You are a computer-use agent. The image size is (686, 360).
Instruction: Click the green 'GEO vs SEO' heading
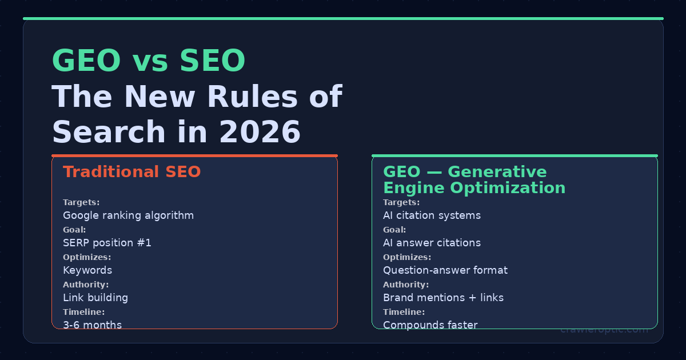[149, 61]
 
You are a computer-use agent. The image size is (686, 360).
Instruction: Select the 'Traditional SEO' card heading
[131, 172]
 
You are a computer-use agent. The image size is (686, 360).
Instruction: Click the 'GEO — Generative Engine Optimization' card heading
[474, 180]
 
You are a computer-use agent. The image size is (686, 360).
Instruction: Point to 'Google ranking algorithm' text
[128, 215]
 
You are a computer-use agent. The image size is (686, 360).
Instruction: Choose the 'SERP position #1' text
[107, 243]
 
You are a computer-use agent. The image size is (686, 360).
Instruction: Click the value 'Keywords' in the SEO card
[87, 270]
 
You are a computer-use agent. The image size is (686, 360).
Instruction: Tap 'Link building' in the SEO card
[95, 298]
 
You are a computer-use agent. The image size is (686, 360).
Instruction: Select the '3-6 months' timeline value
[92, 325]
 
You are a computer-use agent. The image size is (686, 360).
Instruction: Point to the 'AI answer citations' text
[432, 243]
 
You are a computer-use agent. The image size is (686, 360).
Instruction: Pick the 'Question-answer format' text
[445, 270]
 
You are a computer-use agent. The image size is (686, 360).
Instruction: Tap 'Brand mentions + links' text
[443, 298]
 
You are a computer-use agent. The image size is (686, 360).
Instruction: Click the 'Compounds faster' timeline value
[430, 325]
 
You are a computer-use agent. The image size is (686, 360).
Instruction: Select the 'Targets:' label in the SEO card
[81, 202]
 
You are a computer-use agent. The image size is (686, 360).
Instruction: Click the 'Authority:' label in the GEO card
[406, 285]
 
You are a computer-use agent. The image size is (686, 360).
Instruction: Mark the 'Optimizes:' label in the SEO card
[87, 257]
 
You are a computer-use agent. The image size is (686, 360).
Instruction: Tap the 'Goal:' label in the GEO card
[394, 230]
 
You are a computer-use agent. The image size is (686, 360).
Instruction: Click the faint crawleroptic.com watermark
[604, 329]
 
